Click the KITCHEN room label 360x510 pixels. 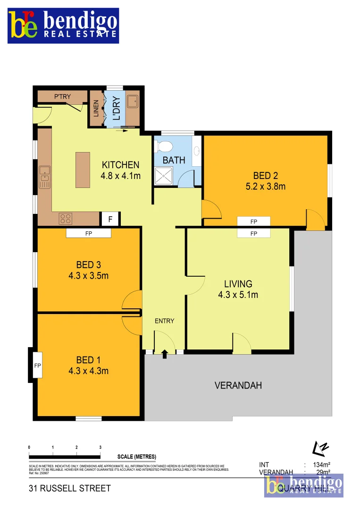(121, 165)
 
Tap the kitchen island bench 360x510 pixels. (83, 170)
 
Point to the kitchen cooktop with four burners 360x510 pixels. (66, 218)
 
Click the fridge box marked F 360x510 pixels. (110, 219)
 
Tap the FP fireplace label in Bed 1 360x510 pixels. (37, 365)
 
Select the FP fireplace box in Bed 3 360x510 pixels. (88, 233)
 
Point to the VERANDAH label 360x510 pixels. (238, 385)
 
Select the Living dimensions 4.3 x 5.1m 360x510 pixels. (238, 295)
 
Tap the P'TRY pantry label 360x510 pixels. (62, 97)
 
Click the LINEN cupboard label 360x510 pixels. (96, 109)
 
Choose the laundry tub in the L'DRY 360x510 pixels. (133, 100)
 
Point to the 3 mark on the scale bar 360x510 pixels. (100, 447)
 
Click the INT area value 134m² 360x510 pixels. (321, 464)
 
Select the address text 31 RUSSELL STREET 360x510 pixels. (69, 488)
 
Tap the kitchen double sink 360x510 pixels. (44, 174)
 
